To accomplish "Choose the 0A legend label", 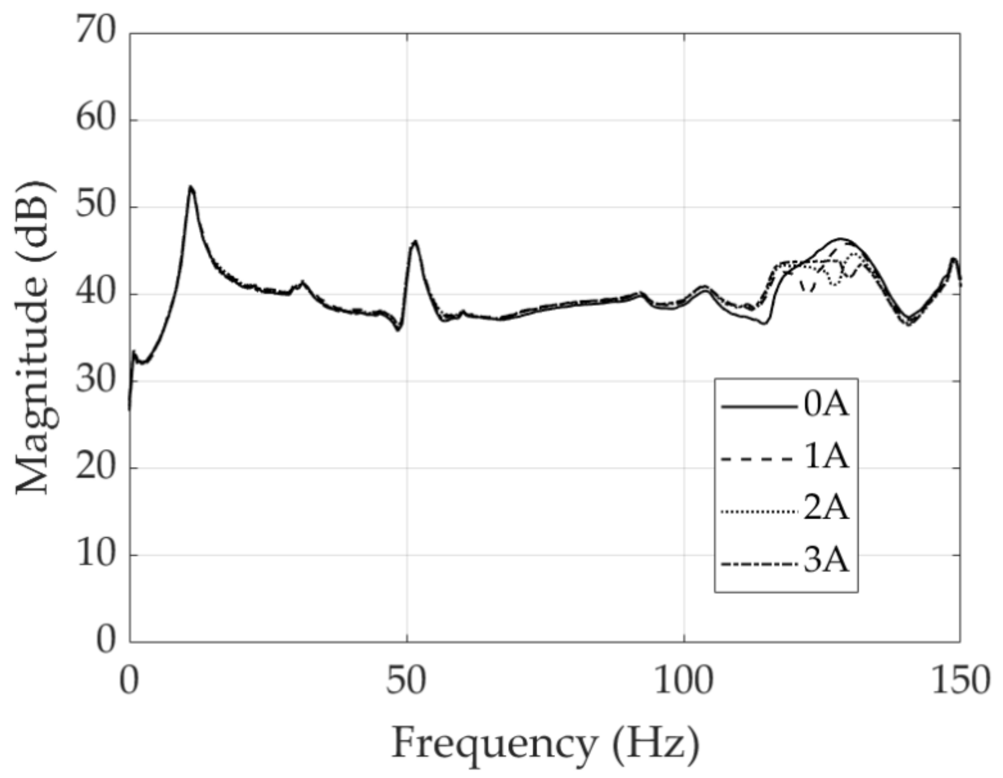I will [826, 406].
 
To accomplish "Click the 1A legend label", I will [826, 457].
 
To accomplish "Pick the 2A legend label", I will [826, 509].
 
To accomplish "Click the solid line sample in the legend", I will [757, 406].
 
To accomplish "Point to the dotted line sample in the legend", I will [757, 512].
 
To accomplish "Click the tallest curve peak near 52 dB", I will [191, 187].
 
